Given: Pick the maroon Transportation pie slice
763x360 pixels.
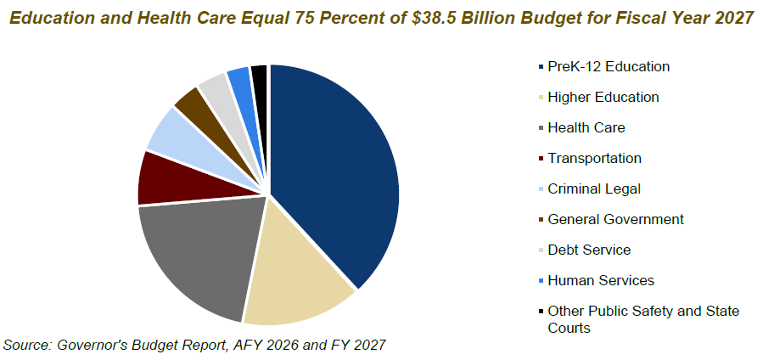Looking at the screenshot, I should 161,178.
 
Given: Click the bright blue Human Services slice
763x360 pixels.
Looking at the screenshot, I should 239,81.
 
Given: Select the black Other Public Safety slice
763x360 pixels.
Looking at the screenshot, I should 260,77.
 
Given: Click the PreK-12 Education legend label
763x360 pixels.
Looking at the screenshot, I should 609,66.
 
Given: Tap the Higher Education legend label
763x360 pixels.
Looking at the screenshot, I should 603,97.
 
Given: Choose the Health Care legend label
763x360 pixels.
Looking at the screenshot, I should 586,127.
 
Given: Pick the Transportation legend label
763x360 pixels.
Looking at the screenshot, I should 594,158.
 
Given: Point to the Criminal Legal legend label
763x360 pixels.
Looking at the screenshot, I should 594,188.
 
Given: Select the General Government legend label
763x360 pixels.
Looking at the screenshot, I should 615,219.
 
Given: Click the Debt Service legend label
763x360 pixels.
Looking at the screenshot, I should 589,250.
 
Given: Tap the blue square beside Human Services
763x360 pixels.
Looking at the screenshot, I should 541,281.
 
